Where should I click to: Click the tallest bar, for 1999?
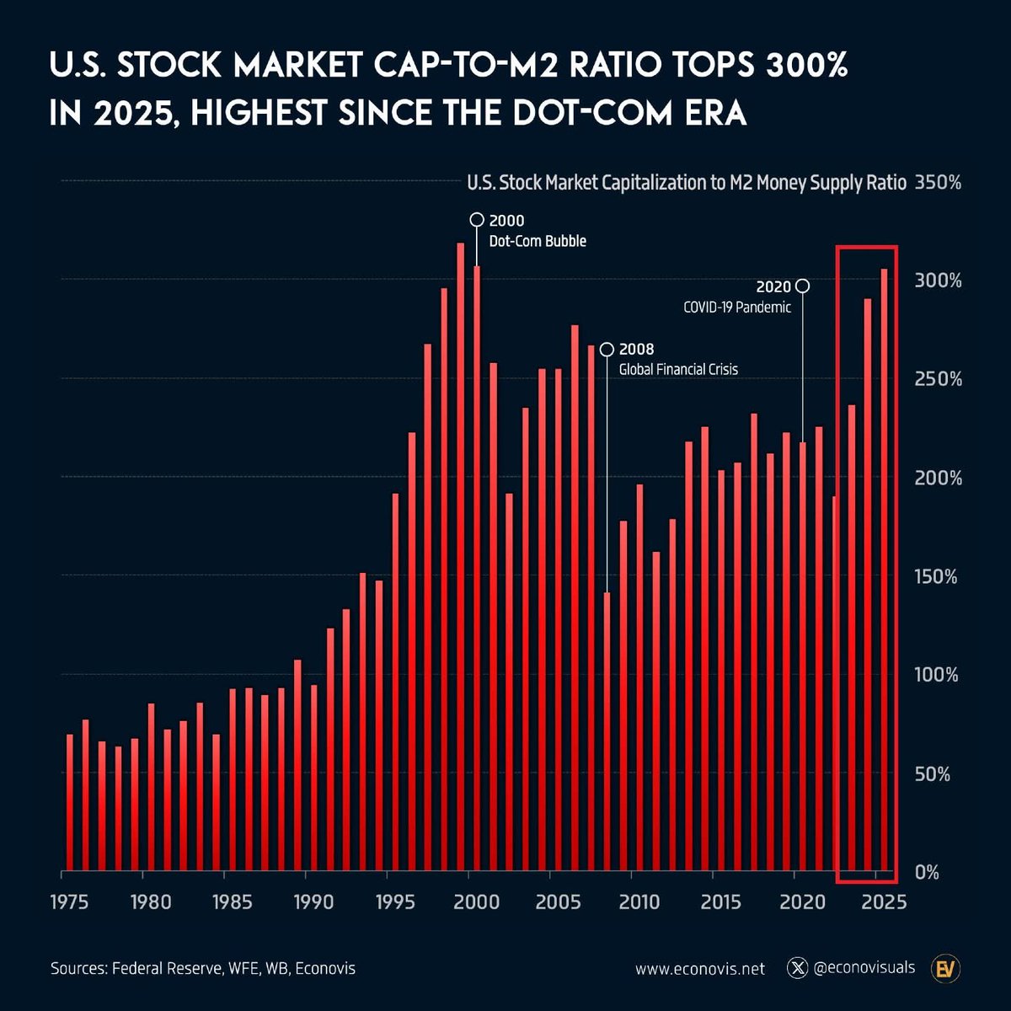pos(461,556)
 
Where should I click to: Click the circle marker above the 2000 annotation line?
pos(476,220)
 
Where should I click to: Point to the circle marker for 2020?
pos(803,286)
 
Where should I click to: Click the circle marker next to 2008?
pos(607,350)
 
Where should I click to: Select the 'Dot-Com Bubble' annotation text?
pos(538,242)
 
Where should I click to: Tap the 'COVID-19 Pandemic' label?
pos(737,308)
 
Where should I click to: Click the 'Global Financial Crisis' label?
pos(678,369)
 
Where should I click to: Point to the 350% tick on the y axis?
pos(937,183)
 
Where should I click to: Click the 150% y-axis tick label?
pos(937,577)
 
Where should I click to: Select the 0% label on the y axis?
pos(927,873)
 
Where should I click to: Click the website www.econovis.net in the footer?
pos(699,969)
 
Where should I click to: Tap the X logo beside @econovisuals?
pos(797,968)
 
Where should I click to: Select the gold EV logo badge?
pos(945,969)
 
